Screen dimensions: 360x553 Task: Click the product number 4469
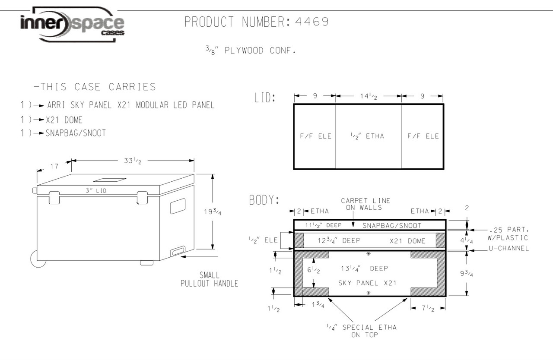click(311, 22)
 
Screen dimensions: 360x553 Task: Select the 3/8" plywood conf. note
click(250, 51)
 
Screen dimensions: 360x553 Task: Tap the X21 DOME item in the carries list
click(64, 120)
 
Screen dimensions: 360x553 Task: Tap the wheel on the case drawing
click(38, 258)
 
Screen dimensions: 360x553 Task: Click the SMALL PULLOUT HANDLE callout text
click(210, 279)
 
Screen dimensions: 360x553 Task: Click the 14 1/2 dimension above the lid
click(368, 96)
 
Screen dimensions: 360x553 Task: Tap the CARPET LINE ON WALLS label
click(365, 204)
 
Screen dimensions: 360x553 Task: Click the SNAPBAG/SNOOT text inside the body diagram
click(392, 225)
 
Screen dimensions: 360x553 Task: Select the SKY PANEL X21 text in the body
click(367, 283)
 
